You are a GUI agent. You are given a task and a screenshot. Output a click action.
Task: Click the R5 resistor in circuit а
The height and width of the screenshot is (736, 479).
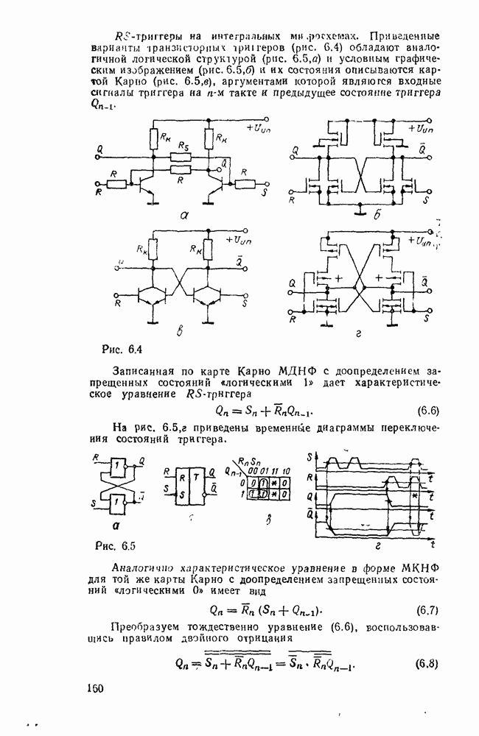pyautogui.click(x=178, y=157)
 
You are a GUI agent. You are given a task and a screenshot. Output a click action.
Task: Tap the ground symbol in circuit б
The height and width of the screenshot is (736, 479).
pyautogui.click(x=359, y=213)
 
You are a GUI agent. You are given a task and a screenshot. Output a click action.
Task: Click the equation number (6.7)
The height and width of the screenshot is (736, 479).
pyautogui.click(x=428, y=610)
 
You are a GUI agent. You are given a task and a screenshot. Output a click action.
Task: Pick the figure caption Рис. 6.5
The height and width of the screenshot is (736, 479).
pyautogui.click(x=117, y=545)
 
